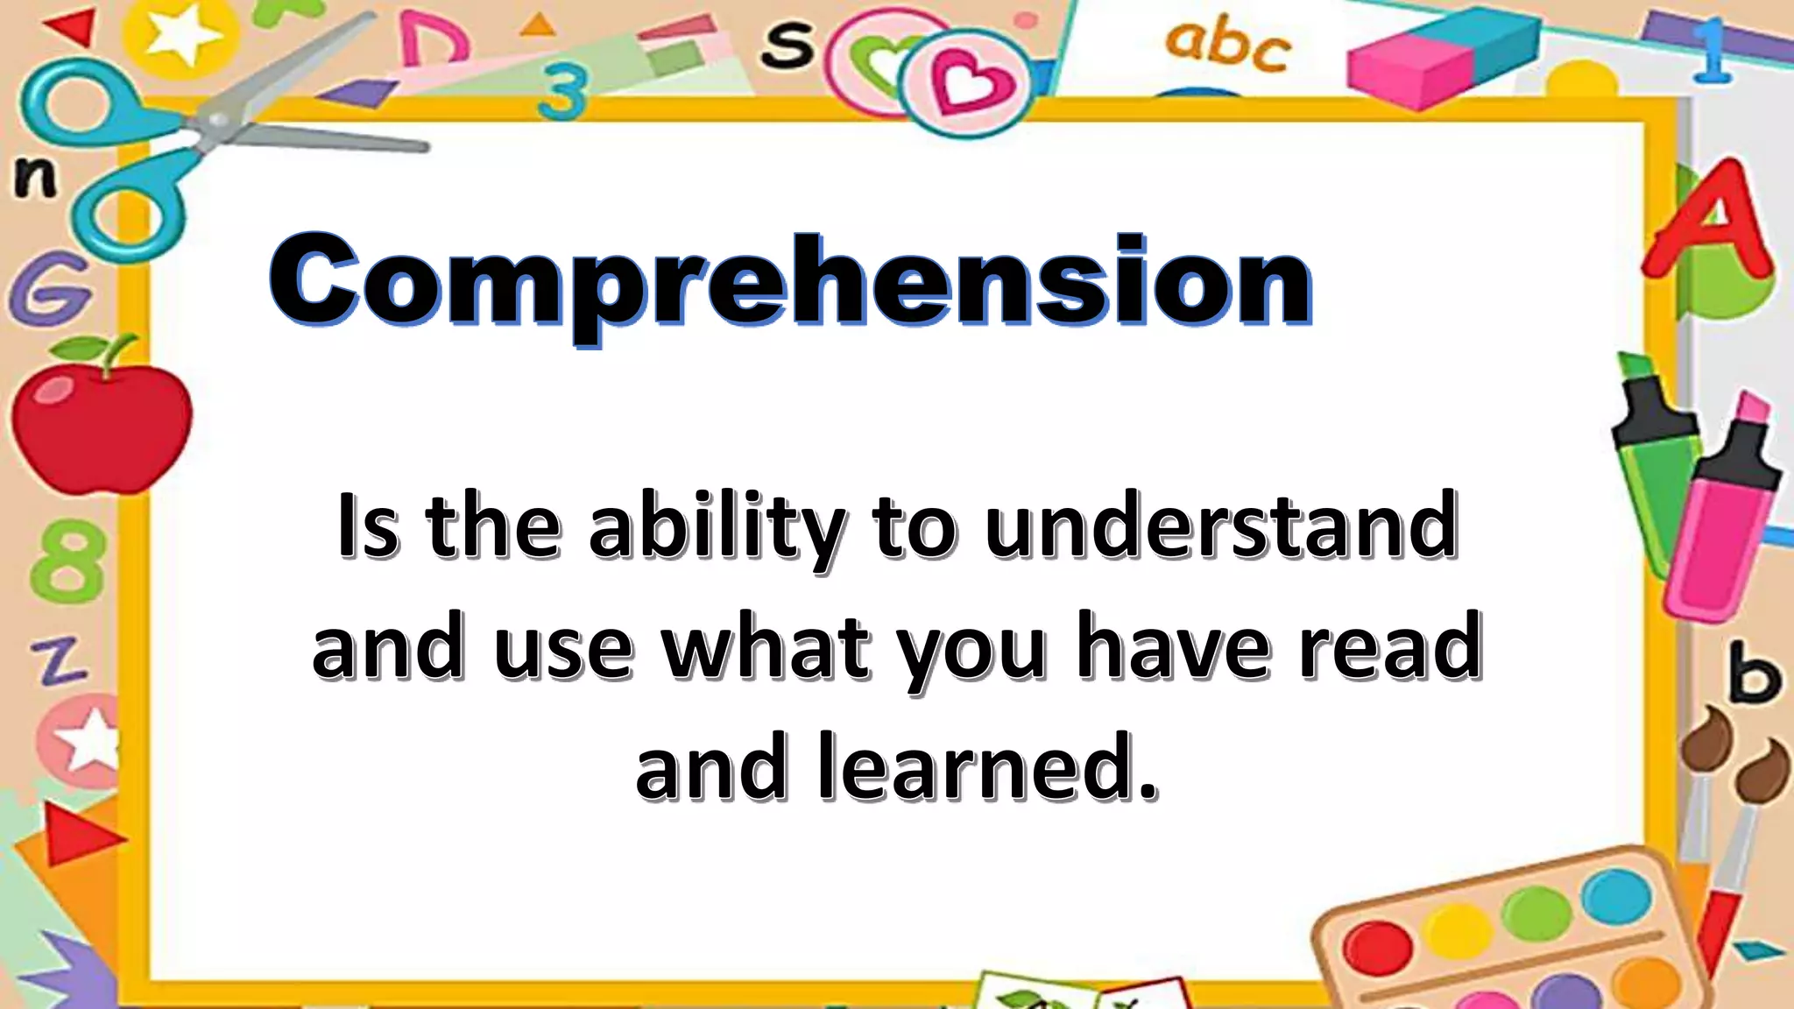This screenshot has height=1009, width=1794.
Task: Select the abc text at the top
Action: [1226, 44]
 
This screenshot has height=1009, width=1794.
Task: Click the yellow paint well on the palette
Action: [1457, 930]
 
